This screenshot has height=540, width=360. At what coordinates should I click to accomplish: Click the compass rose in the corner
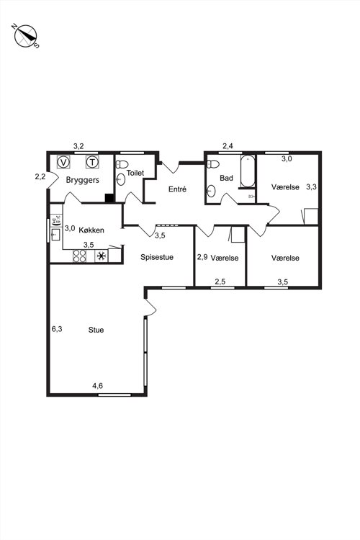coord(26,36)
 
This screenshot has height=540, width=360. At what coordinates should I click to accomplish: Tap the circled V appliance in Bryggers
coord(63,161)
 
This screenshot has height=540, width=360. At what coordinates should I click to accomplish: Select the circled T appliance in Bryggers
coord(92,161)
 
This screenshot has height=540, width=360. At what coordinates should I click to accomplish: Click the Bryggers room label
coord(82,180)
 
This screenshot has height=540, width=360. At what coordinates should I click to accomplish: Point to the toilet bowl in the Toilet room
coord(122,164)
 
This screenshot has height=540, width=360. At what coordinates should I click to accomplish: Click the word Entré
coord(177,189)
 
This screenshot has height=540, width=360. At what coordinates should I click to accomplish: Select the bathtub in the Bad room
coord(248,171)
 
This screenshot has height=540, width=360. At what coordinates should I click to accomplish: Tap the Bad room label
coord(226,178)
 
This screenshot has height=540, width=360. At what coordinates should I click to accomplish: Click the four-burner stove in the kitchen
coord(80,256)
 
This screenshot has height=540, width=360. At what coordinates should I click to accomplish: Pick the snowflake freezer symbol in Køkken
coord(102,256)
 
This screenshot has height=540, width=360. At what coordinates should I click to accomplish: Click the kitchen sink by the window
coord(55,235)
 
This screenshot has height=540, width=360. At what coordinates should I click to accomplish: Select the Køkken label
coord(91,230)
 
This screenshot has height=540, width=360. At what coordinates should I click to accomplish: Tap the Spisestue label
coord(157,257)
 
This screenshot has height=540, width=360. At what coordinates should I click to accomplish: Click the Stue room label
coord(96,330)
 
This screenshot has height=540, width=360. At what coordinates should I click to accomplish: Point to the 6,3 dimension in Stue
coord(57,329)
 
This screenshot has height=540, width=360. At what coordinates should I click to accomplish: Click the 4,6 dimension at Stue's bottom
coord(97,386)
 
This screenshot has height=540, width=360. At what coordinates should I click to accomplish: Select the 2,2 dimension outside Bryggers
coord(40,176)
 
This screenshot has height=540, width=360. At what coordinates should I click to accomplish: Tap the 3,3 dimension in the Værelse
coord(312,187)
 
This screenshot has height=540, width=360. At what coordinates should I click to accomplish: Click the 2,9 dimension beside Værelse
coord(202,257)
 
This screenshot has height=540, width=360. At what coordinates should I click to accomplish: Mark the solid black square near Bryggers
coord(109,199)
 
